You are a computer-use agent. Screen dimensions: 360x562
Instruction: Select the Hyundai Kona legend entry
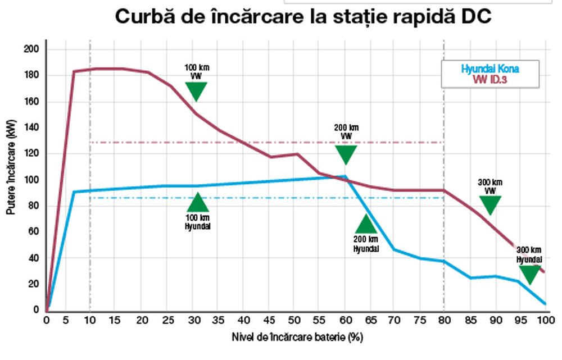491,69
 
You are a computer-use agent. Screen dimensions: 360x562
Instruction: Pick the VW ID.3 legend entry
491,79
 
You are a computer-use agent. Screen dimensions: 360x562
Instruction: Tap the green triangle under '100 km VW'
196,90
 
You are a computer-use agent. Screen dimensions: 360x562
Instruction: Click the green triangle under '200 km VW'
346,154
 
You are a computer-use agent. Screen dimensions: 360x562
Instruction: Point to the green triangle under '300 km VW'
490,204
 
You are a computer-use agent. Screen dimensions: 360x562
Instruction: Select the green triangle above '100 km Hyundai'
197,202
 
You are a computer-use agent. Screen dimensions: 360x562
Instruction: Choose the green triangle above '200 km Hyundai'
366,224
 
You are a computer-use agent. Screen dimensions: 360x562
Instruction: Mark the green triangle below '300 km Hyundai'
529,274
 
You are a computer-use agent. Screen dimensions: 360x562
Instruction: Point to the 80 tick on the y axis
34,206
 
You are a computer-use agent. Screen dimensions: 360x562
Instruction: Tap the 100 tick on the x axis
544,320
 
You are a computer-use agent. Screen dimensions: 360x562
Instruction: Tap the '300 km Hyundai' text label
529,255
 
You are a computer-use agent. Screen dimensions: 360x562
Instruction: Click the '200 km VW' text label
346,131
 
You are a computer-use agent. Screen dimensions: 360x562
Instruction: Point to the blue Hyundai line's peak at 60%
345,176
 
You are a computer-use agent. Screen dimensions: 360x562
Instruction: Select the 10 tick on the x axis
90,320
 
